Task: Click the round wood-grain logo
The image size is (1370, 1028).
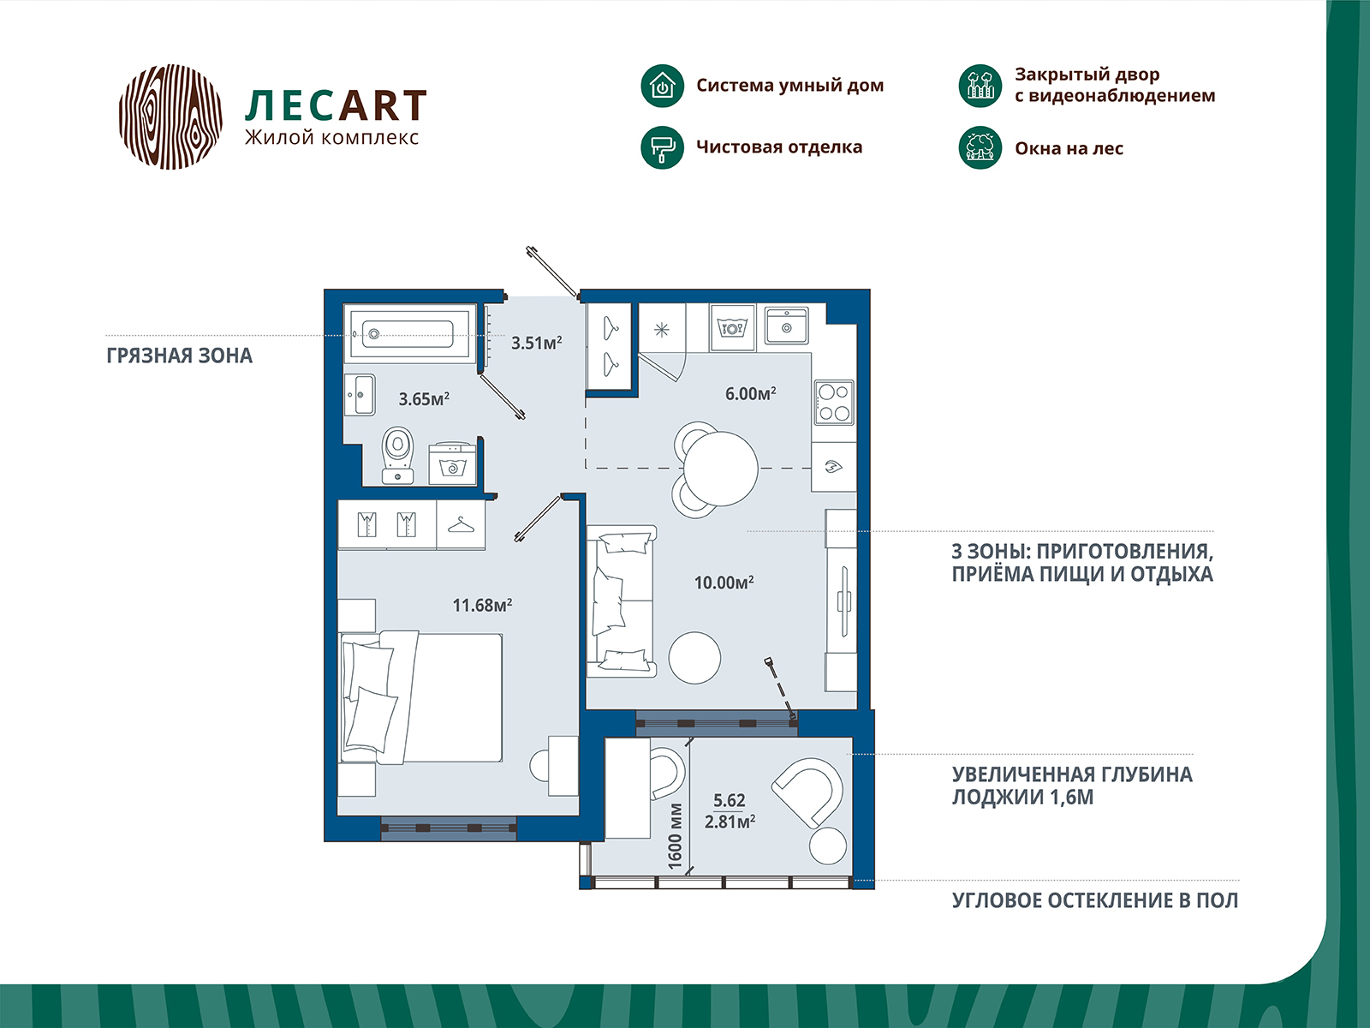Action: point(170,117)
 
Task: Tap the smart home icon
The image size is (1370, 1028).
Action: point(662,86)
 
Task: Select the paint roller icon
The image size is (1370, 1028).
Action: point(662,147)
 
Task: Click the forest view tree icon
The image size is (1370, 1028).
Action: point(980,148)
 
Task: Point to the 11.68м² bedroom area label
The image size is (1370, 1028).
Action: point(482,605)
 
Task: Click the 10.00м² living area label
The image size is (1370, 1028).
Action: point(724,583)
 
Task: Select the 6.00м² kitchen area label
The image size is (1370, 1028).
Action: point(750,393)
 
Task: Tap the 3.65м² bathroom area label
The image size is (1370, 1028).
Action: point(424,398)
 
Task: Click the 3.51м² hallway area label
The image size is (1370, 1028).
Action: point(537,342)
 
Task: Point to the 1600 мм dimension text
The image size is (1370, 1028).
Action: point(675,836)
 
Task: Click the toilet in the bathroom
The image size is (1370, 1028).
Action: point(397,455)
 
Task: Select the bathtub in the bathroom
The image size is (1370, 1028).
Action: point(409,333)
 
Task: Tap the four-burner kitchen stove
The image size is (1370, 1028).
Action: point(834,403)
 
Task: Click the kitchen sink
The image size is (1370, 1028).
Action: point(787,326)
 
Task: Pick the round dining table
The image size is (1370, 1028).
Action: point(721,468)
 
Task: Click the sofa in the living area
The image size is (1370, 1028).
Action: point(621,601)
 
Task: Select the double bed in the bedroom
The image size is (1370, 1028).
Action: point(420,697)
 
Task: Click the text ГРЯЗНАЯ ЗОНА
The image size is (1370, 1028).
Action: point(179,356)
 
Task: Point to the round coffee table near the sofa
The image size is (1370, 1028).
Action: point(694,658)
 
